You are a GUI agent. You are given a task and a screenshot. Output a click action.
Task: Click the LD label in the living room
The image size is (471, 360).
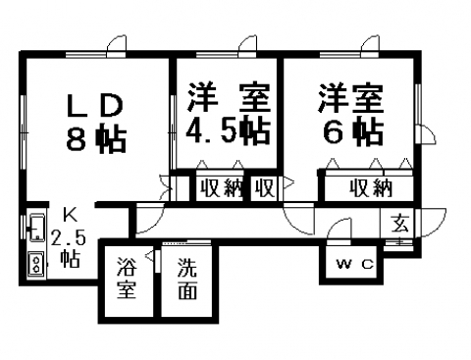[x=94, y=105]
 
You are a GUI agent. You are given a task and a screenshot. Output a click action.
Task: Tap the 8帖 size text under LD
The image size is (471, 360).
[x=96, y=139]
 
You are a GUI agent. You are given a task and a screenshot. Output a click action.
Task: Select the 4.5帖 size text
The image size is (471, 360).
[x=228, y=129]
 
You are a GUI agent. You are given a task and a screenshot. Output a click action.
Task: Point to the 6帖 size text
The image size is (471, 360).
[x=353, y=131]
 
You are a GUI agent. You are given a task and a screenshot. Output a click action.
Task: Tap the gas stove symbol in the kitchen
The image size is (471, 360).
[x=37, y=264]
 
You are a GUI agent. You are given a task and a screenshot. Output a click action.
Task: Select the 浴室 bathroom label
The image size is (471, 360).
[x=127, y=278]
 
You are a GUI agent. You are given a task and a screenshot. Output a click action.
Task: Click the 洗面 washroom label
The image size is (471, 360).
[x=187, y=279]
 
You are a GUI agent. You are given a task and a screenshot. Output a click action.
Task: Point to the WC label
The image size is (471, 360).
[x=355, y=264]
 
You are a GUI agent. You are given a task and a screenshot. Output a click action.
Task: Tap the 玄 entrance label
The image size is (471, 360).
[x=400, y=224]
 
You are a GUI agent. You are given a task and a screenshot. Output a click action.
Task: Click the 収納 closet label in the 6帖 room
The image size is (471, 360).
[x=371, y=188]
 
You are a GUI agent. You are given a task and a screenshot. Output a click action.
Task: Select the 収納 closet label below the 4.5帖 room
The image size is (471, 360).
[x=222, y=188]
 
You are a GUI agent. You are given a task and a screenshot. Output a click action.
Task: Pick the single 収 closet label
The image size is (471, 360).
[x=265, y=187]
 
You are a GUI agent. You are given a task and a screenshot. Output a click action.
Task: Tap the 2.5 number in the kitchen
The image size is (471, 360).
[x=69, y=237]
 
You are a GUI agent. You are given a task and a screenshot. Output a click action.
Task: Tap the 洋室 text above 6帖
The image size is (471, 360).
[x=351, y=98]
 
